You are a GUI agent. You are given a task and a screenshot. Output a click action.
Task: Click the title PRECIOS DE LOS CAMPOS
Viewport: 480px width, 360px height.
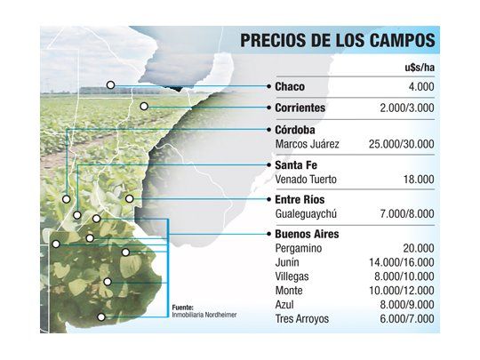click(x=337, y=41)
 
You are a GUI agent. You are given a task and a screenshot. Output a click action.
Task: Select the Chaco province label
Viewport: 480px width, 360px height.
click(x=292, y=87)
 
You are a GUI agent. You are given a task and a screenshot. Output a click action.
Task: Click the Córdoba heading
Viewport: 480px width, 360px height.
click(x=299, y=129)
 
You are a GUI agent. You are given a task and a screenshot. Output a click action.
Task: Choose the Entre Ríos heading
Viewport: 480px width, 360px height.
click(x=300, y=200)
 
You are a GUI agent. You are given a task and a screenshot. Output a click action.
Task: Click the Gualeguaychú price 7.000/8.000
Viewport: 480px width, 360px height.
click(x=404, y=214)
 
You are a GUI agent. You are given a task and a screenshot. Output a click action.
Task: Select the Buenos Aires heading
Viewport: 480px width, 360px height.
click(x=308, y=235)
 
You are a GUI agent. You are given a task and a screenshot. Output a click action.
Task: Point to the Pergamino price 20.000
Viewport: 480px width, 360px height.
click(x=417, y=249)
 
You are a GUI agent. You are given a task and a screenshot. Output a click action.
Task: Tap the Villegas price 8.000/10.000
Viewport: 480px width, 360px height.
click(x=403, y=277)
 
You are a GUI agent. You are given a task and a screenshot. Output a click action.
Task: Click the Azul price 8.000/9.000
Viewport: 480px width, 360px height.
click(x=404, y=305)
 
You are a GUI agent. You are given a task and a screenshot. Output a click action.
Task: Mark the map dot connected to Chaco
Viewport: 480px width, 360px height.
click(x=110, y=85)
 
